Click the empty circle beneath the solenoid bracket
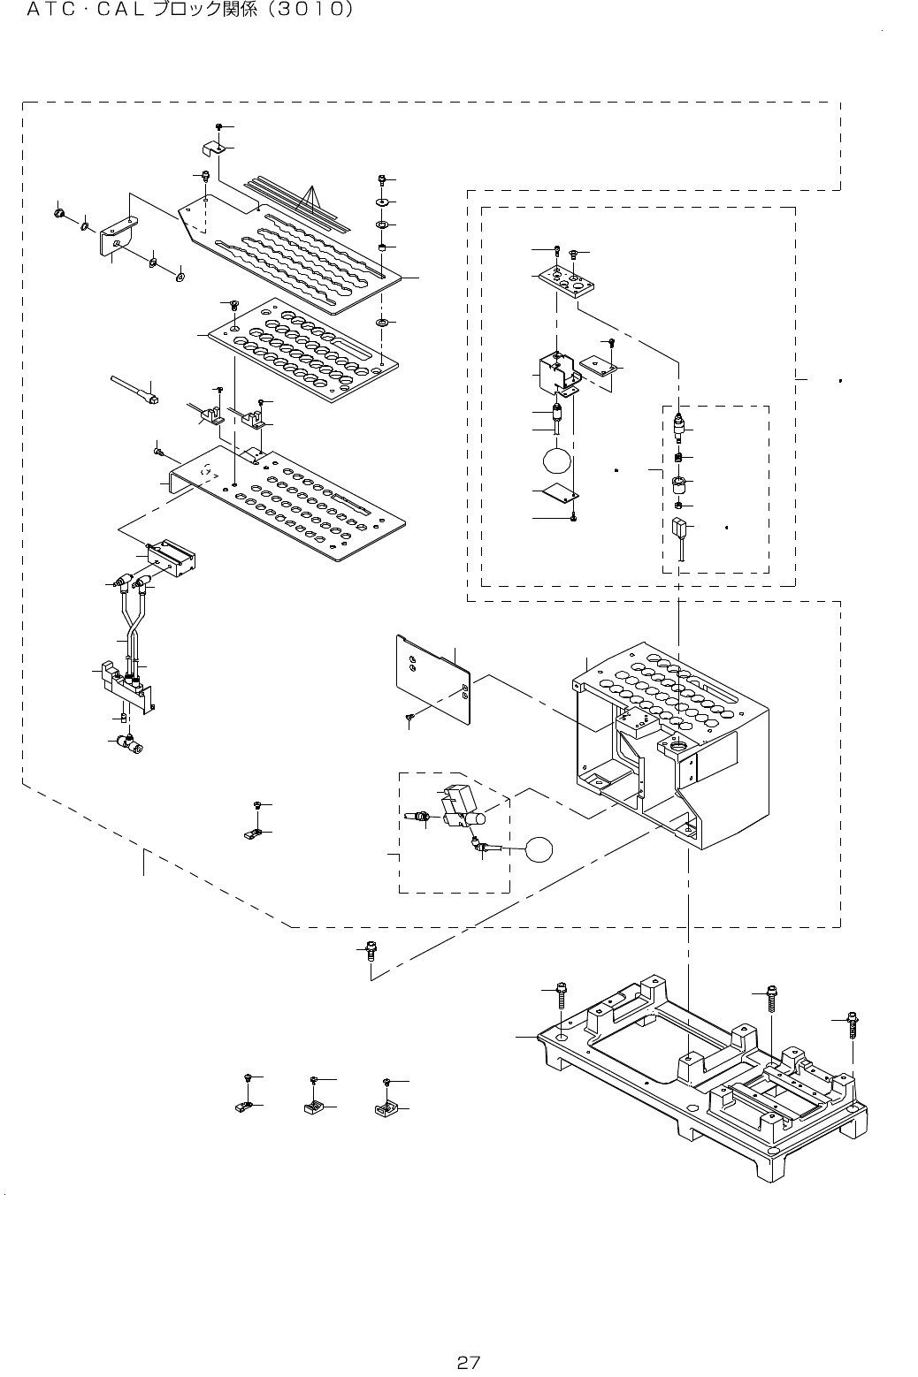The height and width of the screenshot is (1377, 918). coord(558,460)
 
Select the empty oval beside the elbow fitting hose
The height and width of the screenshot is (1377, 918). coord(539,849)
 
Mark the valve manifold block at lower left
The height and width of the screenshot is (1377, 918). coord(124,685)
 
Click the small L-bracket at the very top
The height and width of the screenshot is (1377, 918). coord(212,146)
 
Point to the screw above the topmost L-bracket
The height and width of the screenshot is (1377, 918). coord(218,129)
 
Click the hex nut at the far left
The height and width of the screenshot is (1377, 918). coord(58,213)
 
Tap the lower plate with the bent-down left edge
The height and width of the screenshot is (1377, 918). coord(283,504)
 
